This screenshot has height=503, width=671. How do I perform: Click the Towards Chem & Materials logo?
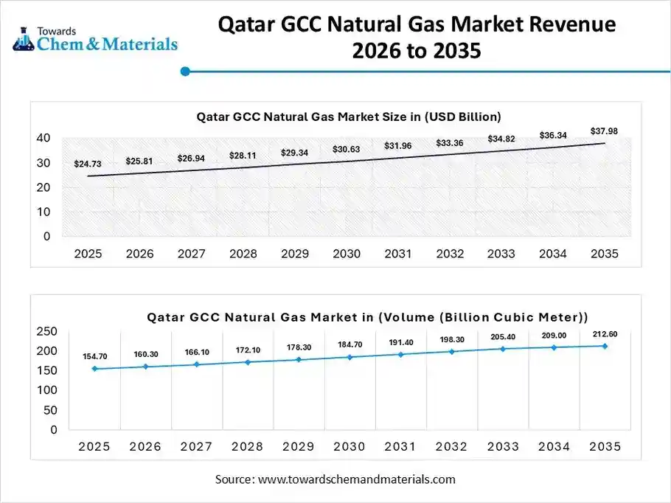pos(94,38)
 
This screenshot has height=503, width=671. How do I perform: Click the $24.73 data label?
pos(88,164)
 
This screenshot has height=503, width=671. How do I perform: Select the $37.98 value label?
pos(604,131)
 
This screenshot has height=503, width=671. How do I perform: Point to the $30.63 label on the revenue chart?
pos(346,150)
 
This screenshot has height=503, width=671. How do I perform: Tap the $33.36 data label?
pos(450,142)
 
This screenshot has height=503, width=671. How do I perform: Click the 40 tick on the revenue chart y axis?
pos(44,138)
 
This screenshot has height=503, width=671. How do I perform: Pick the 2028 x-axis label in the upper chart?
pos(243,254)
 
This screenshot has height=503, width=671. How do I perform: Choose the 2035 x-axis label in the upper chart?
pos(604,254)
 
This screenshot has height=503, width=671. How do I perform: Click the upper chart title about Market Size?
pos(349,117)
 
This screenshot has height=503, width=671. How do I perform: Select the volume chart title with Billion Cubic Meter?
pos(367,317)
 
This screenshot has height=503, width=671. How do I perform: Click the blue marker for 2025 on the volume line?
pos(94,368)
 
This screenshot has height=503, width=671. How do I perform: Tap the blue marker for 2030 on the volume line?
pos(350,357)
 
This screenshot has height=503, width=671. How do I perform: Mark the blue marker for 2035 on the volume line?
pos(605,346)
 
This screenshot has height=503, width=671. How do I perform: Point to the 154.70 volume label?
pos(94,356)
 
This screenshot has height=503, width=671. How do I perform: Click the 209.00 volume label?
pos(554,336)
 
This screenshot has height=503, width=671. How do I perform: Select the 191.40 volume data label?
pos(400,343)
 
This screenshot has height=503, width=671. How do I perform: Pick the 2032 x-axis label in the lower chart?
pos(451,447)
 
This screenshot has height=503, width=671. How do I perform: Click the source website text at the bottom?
pos(335,479)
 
